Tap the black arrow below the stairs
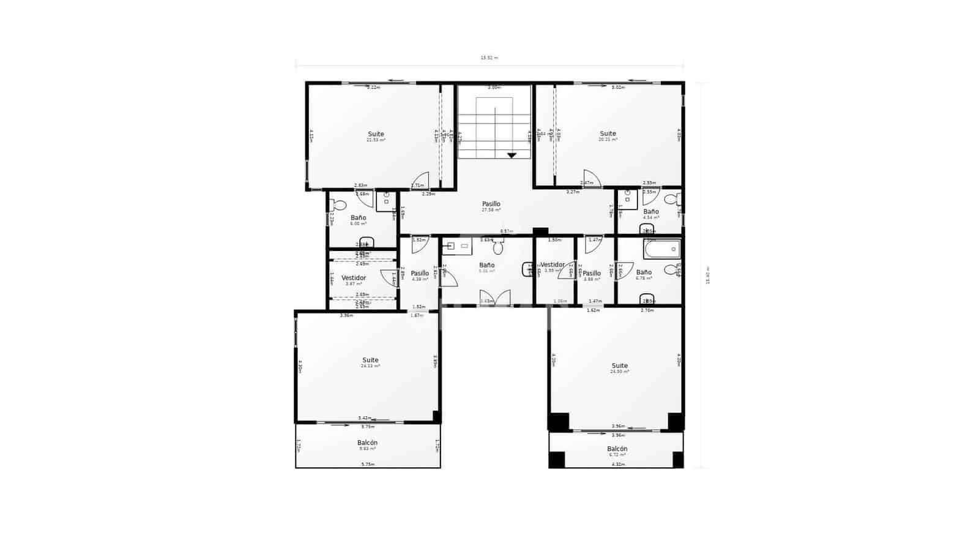coord(512,156)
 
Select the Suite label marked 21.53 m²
coord(376,134)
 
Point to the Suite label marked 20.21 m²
coord(608,133)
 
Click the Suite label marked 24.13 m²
coord(370,360)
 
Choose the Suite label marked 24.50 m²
coord(619,365)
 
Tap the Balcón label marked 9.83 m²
coord(367,443)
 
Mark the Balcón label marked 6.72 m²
coord(617,449)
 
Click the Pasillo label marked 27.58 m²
coord(491,204)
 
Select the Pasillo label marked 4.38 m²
coord(420,273)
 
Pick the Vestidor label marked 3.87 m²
coord(354,278)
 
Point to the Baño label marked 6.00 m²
coord(358,218)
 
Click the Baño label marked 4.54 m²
coord(651,212)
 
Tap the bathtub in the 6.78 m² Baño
coord(661,249)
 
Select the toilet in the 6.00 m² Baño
coord(338,205)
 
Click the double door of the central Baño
coord(494,298)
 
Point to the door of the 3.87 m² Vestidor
coord(389,279)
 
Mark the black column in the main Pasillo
coord(540,231)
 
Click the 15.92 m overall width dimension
coord(489,58)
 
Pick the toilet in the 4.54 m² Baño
coord(671,198)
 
